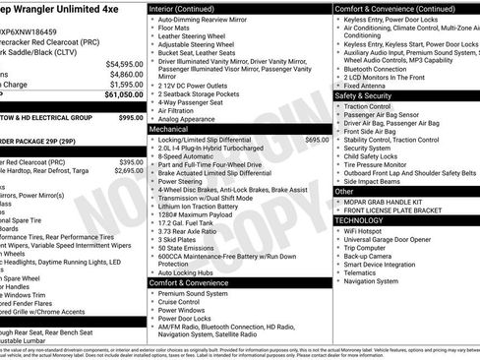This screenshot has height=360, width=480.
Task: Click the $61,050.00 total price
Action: (124, 95)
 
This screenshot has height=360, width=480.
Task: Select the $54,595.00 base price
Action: (125, 64)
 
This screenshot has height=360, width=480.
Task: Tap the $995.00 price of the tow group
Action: (130, 117)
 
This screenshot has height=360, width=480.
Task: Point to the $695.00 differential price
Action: (317, 140)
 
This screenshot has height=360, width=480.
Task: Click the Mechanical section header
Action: (168, 129)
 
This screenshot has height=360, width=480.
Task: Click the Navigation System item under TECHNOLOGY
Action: (378, 280)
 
